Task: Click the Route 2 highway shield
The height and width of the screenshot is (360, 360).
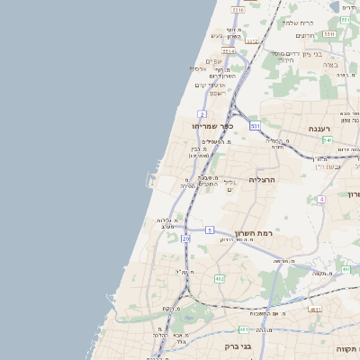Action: [202, 115]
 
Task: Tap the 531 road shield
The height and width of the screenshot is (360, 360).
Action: [256, 125]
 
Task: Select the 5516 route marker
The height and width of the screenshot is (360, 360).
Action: [238, 10]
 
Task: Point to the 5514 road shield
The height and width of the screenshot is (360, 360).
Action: [229, 51]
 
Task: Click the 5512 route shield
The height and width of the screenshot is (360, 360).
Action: [252, 40]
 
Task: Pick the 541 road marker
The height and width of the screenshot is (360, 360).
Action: [328, 140]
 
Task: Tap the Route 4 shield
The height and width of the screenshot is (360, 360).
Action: [321, 199]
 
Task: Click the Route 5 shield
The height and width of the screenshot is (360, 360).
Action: [209, 230]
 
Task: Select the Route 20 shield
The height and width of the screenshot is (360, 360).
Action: [185, 238]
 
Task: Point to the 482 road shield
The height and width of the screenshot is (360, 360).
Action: [219, 279]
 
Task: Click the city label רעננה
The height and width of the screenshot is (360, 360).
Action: [321, 129]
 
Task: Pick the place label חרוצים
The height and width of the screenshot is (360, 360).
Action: [304, 35]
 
